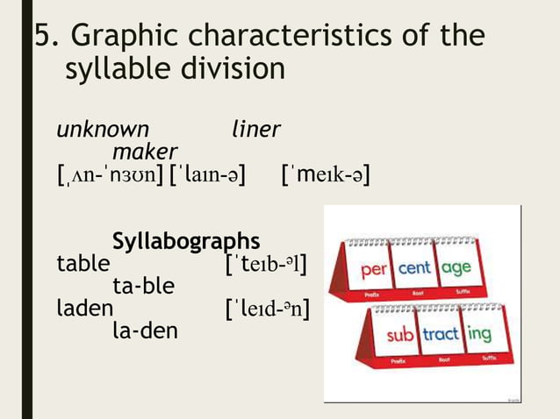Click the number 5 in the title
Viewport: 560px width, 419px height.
pyautogui.click(x=42, y=37)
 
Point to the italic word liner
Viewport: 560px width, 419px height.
pyautogui.click(x=255, y=130)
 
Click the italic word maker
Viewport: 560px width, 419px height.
pyautogui.click(x=145, y=152)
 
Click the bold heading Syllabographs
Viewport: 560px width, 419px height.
pyautogui.click(x=186, y=240)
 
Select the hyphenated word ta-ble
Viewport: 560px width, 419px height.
pyautogui.click(x=144, y=286)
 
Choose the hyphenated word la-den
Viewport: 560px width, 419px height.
pyautogui.click(x=145, y=331)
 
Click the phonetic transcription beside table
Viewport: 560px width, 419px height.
pyautogui.click(x=266, y=263)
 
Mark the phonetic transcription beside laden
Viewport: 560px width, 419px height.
pyautogui.click(x=268, y=309)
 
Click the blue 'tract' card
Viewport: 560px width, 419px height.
pyautogui.click(x=442, y=334)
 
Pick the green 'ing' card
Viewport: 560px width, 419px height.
pyautogui.click(x=479, y=334)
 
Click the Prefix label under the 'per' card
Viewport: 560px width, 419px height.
pyautogui.click(x=371, y=295)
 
